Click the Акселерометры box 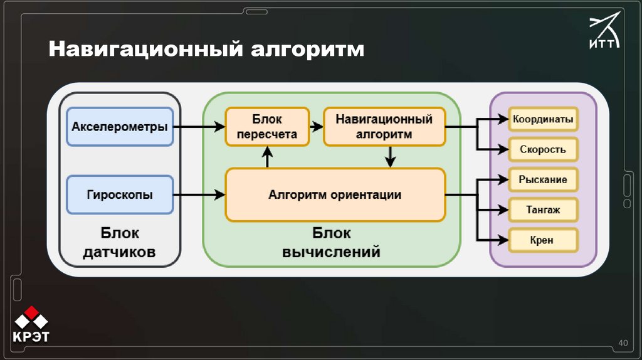point(119,127)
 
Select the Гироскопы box point(119,194)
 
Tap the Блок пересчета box point(267,127)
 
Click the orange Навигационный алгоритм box point(384,127)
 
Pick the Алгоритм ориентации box point(335,194)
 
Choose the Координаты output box point(543,119)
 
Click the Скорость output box point(543,149)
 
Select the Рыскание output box point(543,180)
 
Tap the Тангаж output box point(543,210)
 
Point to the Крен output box point(543,240)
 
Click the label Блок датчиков point(120,243)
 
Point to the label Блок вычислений point(332,243)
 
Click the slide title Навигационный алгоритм point(207,49)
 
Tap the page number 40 point(623,342)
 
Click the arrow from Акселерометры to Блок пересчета point(199,127)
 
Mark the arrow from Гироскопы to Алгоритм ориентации point(199,195)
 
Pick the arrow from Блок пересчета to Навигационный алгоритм point(317,127)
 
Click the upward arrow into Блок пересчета point(268,157)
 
